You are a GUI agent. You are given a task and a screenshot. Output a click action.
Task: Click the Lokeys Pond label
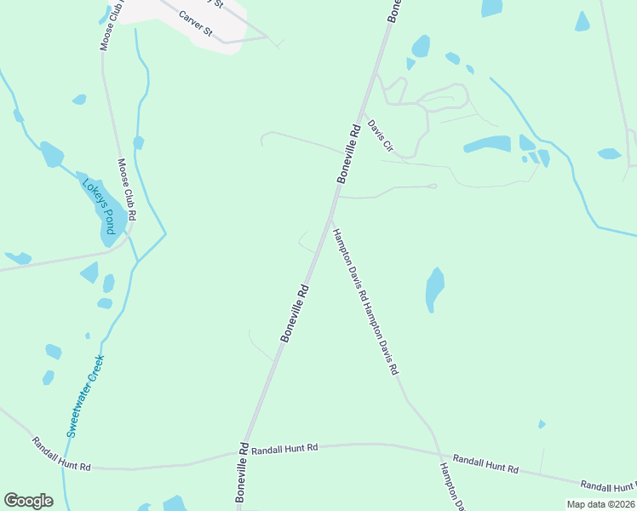point(99,207)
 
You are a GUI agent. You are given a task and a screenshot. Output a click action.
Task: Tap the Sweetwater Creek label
point(85,395)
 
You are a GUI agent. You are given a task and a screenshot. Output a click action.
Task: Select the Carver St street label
point(196,26)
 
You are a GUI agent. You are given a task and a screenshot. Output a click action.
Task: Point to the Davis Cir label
point(381,136)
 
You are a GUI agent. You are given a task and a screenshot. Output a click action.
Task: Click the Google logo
point(28,501)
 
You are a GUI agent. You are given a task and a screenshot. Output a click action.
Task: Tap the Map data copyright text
point(600,503)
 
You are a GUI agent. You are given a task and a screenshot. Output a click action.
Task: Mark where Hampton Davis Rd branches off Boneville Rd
point(331,220)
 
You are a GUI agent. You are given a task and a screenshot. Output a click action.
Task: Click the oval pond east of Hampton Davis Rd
point(435,290)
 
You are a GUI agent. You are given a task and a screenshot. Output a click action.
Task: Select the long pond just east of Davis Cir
point(487,144)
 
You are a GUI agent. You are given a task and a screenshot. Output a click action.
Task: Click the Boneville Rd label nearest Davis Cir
point(350,153)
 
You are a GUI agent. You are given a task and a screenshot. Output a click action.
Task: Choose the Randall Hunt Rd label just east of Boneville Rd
point(285,447)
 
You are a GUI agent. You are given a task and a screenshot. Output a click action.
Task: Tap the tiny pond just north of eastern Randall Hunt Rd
point(542,424)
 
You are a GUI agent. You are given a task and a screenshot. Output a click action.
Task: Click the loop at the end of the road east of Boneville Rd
point(433,186)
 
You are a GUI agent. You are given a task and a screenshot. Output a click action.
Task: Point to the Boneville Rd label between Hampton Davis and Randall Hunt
point(294,313)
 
